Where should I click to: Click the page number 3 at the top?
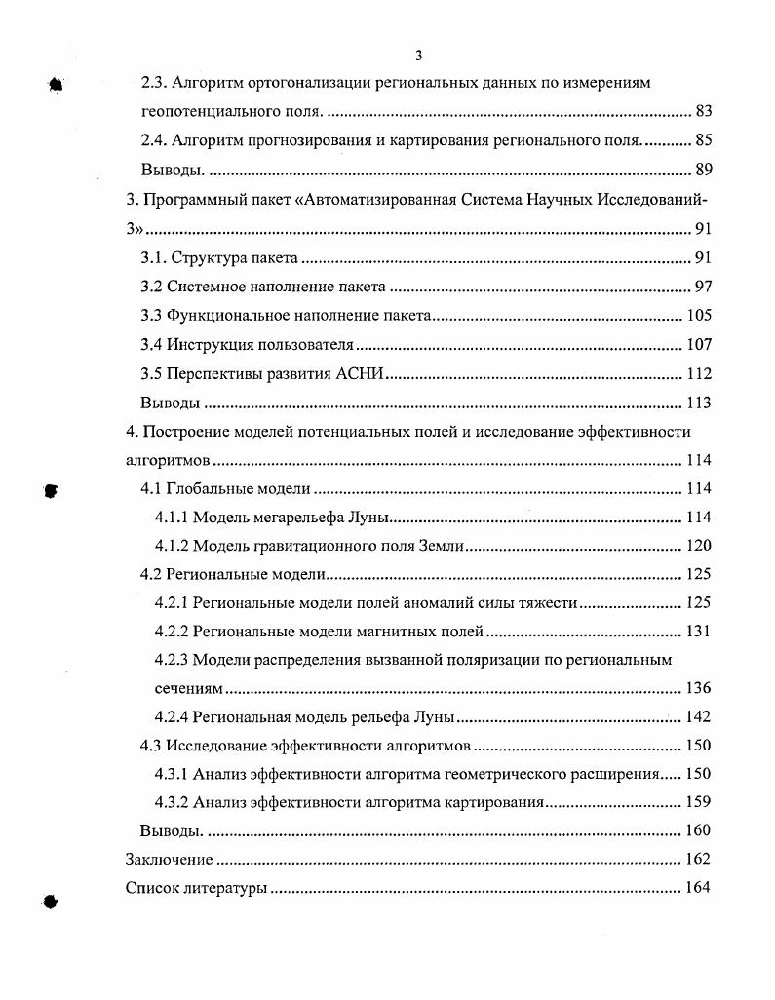point(418,56)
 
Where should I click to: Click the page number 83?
point(703,112)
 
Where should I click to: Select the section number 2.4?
point(155,141)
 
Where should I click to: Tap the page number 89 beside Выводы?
point(703,171)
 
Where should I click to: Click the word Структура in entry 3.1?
point(203,258)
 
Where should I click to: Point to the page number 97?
point(703,287)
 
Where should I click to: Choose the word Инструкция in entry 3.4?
point(206,345)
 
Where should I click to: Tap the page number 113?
point(698,404)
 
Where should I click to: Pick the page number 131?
point(698,632)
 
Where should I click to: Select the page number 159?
point(698,804)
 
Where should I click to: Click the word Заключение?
point(169,860)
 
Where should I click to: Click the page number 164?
point(698,889)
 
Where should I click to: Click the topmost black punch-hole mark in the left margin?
point(56,85)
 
